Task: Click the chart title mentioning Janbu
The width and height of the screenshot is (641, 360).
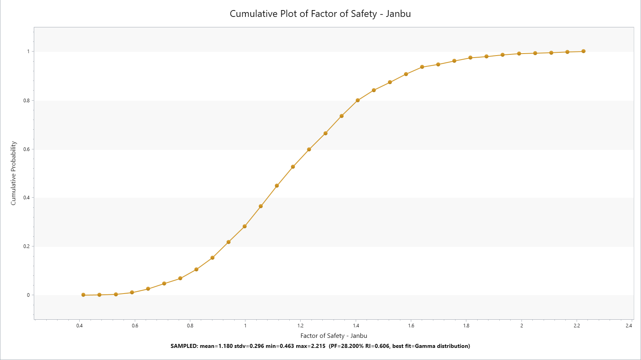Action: point(320,14)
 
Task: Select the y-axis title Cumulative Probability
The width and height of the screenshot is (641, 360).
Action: point(13,173)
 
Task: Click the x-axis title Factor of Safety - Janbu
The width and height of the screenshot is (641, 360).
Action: point(334,335)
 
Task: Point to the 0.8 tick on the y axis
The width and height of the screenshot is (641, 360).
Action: point(27,100)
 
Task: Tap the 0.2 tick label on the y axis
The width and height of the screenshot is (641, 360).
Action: point(27,246)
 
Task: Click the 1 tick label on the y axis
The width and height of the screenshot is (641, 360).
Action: point(28,52)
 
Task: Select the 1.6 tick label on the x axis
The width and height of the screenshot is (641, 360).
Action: point(411,326)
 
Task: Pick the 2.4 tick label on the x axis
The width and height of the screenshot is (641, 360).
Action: point(629,326)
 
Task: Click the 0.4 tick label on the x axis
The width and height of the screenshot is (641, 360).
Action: point(80,326)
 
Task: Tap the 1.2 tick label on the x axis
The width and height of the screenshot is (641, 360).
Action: point(301,326)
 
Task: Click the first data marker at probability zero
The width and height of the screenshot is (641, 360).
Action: point(83,295)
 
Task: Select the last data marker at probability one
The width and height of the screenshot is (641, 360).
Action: point(583,51)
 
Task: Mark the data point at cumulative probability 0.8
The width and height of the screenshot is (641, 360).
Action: point(358,100)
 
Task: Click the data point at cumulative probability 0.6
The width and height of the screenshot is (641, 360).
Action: point(309,149)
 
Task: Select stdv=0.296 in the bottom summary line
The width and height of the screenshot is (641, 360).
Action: point(249,346)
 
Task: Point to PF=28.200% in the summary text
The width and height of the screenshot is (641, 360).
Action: point(347,346)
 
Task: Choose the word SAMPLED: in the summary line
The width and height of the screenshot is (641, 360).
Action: point(184,346)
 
